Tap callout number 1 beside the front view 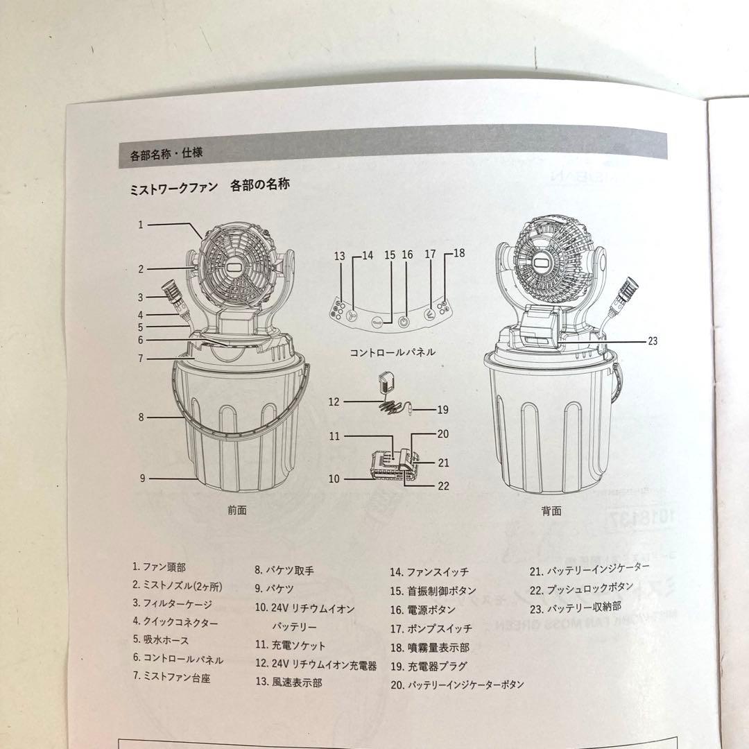coord(140,224)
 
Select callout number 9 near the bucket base coord(141,478)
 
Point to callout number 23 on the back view coord(652,341)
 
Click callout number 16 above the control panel coord(407,255)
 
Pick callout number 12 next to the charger coord(335,402)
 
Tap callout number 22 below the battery coord(443,485)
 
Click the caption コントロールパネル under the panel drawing coord(392,352)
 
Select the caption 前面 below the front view coord(236,510)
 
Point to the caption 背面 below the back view coord(551,511)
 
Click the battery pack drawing coord(393,465)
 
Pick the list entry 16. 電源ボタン coord(422,610)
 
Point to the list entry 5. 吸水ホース coord(161,640)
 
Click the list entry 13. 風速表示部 coord(289,682)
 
